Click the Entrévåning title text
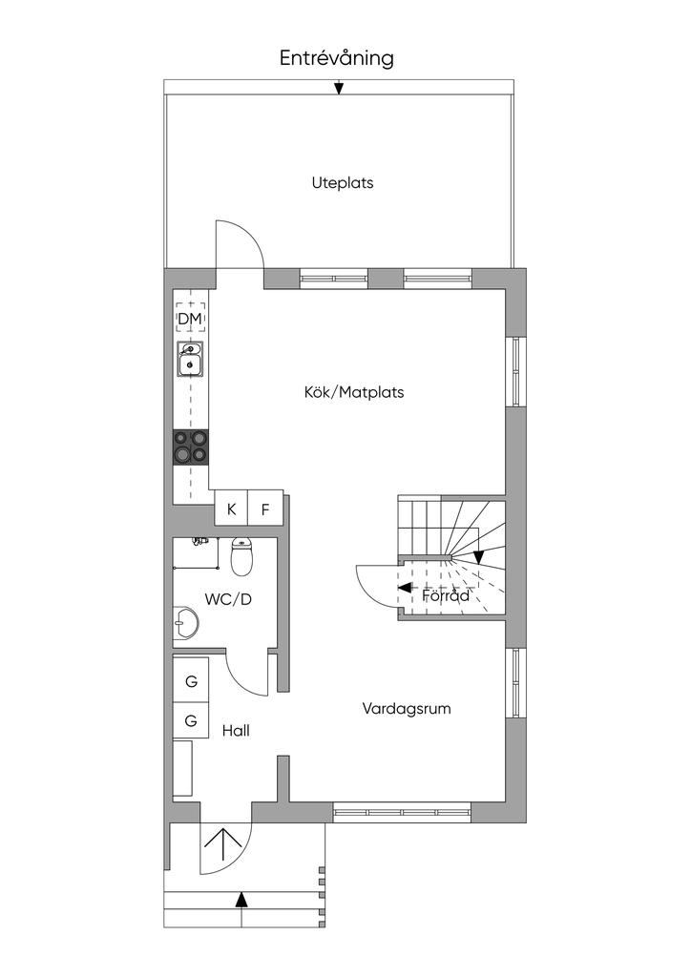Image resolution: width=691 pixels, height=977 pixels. tap(337, 58)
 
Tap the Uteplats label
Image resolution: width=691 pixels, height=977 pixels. tap(343, 182)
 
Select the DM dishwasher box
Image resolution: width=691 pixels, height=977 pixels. tap(190, 319)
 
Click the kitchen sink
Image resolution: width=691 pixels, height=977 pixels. tap(190, 359)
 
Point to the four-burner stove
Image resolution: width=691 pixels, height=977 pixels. tap(191, 447)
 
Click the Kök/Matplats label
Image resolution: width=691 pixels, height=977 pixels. tap(354, 392)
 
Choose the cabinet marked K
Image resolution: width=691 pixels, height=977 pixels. tap(231, 509)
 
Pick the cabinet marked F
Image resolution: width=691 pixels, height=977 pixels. tap(265, 509)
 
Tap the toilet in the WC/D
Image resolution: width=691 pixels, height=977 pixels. tap(241, 556)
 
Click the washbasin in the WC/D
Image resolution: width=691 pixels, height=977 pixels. tap(186, 621)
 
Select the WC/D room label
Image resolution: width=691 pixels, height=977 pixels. tap(228, 599)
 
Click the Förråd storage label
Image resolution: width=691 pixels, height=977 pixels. tap(446, 595)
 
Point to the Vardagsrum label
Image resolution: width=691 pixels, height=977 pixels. tap(407, 709)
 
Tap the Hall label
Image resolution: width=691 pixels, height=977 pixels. tap(236, 730)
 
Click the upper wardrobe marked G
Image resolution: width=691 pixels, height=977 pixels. tap(191, 681)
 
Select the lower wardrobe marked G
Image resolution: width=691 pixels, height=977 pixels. tap(191, 721)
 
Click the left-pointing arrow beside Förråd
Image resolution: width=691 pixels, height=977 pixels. tap(405, 587)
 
